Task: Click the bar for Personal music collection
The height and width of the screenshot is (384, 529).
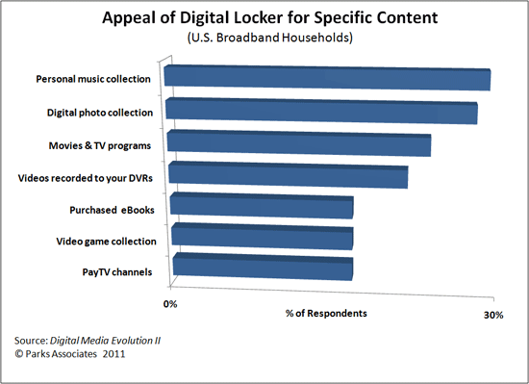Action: point(328,80)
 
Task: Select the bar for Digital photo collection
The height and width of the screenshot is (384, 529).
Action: point(322,112)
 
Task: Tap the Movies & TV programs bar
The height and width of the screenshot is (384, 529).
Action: point(299,145)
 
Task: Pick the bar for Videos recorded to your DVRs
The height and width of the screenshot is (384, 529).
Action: point(289,177)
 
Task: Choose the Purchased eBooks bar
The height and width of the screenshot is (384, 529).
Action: point(262,207)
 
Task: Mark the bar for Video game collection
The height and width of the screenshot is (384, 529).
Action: point(262,238)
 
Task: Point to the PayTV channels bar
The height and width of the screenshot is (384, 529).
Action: point(262,268)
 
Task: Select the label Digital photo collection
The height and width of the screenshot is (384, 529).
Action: point(100,113)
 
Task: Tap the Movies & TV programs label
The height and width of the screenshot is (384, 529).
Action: point(101,145)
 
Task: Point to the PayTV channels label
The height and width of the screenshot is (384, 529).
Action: point(117,272)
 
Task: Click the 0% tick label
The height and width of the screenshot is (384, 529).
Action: point(171,304)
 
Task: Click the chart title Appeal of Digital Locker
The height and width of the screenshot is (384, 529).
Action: point(264,17)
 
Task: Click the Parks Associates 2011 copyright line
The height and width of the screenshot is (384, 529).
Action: point(71,354)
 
